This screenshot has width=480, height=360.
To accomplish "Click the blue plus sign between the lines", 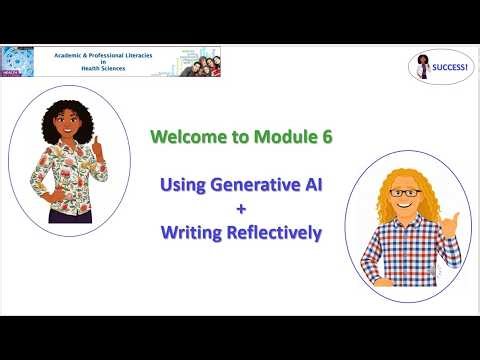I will (x=240, y=209).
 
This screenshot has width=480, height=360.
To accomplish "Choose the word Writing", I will (x=194, y=233).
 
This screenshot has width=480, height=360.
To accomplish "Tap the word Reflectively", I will (x=276, y=233).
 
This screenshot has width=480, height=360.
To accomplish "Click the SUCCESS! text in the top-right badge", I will (x=450, y=67).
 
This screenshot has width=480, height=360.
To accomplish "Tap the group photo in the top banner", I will (x=190, y=61).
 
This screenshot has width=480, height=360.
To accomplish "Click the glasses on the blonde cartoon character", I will (x=405, y=193).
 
